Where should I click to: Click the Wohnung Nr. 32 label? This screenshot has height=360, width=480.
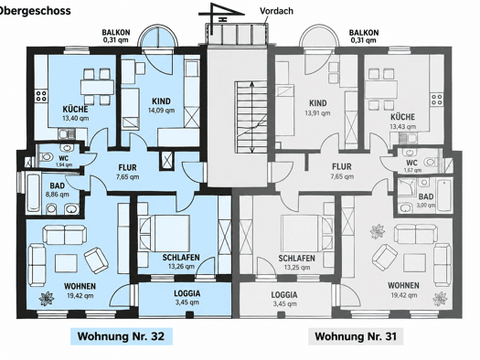coord(122,336)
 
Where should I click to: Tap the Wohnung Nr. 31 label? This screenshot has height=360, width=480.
coord(356,336)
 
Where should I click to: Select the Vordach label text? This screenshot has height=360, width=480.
coord(276,11)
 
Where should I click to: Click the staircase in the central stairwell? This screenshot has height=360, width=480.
coord(251,117)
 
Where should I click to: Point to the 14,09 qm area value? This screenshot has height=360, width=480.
coord(161,111)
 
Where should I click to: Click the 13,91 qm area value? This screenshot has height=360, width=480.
coord(317,113)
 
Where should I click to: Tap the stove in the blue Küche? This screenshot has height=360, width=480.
coord(41,95)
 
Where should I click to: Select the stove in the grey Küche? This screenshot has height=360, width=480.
coord(437,100)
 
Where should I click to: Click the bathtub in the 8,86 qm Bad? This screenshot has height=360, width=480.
coord(33,193)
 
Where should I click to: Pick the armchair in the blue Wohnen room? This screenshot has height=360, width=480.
coord(96,260)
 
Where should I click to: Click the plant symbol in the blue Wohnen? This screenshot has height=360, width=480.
coord(47,298)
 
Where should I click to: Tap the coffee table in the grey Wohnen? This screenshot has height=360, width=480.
coord(414,263)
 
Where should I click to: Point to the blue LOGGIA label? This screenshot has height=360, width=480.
coord(187,293)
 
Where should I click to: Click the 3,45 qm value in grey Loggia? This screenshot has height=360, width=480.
coord(284,303)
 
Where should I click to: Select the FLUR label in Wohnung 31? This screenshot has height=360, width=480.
coord(342,166)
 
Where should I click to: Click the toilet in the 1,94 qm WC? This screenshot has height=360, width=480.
coord(46,157)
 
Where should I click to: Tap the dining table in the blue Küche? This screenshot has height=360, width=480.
coord(97,87)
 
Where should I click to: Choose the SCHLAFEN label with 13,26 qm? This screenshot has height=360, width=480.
coord(181,258)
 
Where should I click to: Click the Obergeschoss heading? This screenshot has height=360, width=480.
coord(36,11)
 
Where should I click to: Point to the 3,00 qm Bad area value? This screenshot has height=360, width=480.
coord(426,206)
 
